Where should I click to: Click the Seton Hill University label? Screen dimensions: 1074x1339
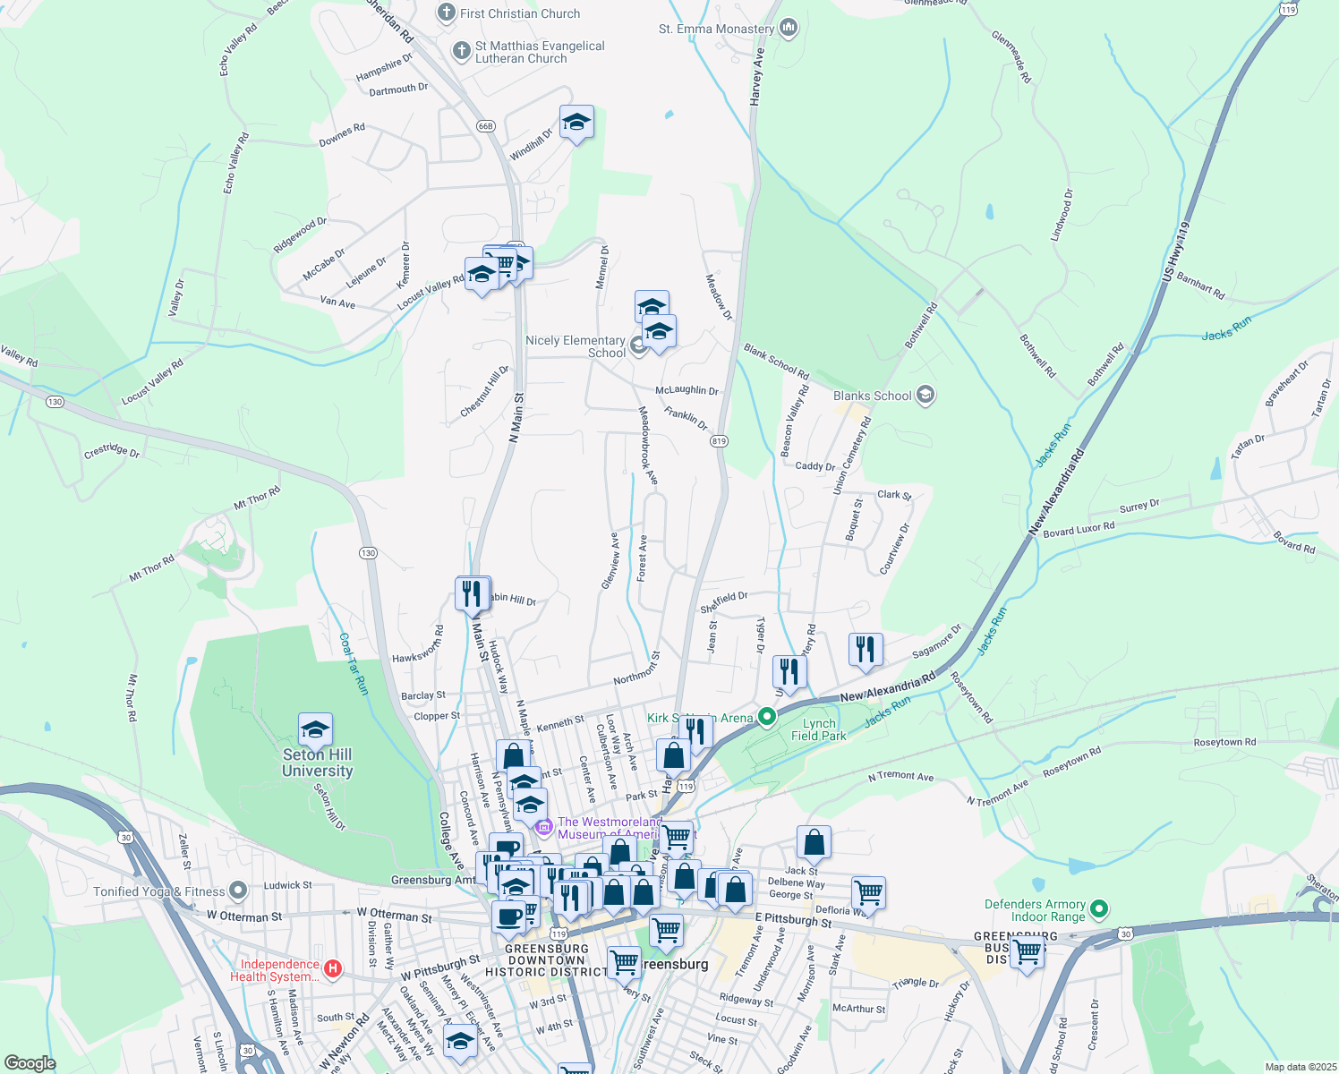(317, 763)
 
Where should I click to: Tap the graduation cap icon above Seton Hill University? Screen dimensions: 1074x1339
(315, 729)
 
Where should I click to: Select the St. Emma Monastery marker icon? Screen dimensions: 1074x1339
(789, 29)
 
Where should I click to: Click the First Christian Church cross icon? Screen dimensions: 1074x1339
(446, 13)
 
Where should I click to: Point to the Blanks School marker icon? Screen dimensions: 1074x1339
(925, 395)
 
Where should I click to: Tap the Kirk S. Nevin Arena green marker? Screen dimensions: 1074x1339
(766, 717)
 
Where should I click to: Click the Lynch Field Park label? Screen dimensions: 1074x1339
(818, 729)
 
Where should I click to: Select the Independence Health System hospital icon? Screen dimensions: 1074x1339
(333, 967)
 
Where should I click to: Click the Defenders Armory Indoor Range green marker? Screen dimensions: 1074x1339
(1099, 909)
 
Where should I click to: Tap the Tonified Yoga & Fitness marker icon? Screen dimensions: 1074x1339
(237, 891)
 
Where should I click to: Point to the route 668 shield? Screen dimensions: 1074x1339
(485, 125)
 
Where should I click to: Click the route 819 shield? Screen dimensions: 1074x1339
(720, 441)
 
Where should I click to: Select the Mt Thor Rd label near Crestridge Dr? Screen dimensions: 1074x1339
(257, 498)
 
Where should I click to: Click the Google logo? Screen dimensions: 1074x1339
(30, 1063)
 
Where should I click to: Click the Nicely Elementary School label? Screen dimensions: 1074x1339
(576, 346)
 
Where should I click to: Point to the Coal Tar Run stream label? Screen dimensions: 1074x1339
(354, 663)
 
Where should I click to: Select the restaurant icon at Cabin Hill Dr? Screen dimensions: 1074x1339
(471, 593)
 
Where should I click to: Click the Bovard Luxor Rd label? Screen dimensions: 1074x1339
(1079, 529)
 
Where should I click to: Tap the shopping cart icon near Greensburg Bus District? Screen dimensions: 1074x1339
(1027, 952)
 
